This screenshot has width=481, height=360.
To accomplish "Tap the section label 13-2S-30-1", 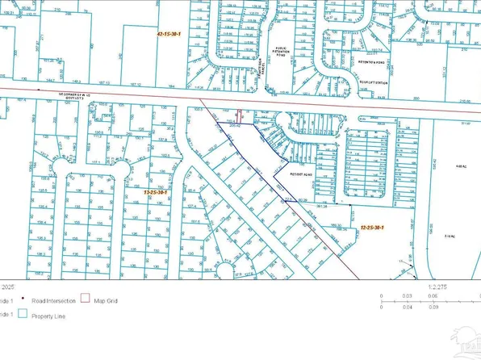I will pos(154,193).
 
